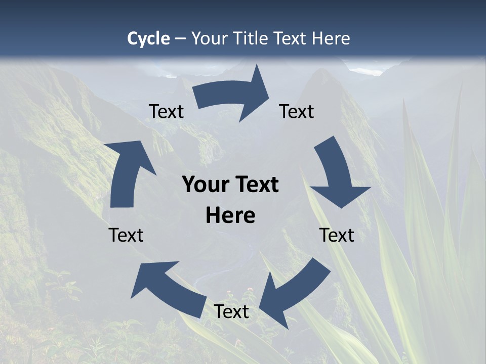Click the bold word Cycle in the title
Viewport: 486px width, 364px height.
point(148,38)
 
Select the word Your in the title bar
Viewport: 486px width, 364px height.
point(210,38)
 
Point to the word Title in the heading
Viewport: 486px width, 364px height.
point(250,38)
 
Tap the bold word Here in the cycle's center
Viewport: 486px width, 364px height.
point(230,215)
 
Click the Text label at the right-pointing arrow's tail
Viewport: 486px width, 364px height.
point(166,111)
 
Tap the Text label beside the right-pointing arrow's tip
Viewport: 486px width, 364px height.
point(297,111)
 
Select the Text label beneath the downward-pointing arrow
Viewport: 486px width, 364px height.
point(337,235)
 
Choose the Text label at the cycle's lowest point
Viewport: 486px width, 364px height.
point(231,311)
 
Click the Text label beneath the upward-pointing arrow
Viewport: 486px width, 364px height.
point(126,235)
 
